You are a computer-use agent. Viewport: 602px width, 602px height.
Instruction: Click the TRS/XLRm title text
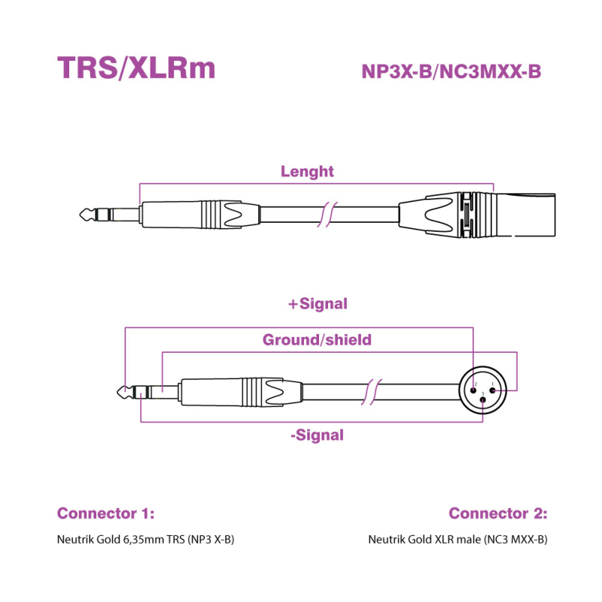[136, 68]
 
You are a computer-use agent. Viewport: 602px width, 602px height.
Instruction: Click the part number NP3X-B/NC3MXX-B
[451, 71]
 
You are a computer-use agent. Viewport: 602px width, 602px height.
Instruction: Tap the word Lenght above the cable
[307, 172]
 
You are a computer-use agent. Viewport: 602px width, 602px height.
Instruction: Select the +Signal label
[318, 304]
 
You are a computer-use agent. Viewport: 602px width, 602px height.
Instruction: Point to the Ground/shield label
[317, 340]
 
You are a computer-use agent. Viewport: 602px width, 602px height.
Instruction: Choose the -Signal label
[317, 435]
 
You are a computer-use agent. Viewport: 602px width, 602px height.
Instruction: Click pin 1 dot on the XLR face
[491, 390]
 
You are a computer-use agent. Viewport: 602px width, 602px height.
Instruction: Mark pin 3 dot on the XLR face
[482, 400]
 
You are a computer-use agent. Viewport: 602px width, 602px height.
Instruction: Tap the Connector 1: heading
[105, 514]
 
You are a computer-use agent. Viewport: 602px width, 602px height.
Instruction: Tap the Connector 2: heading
[498, 514]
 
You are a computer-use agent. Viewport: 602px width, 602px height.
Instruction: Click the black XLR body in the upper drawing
[436, 215]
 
